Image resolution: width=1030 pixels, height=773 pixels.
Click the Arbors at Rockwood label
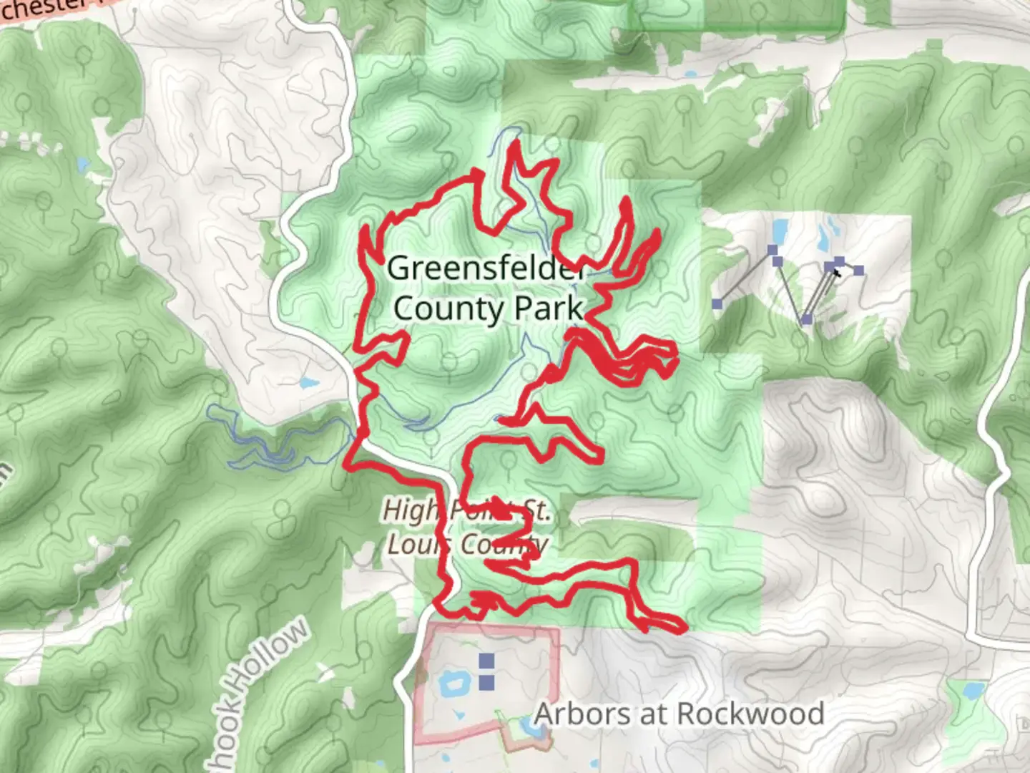coord(678,714)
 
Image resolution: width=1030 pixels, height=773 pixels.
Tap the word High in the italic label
coord(408,511)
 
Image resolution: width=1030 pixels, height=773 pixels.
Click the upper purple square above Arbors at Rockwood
coord(486,660)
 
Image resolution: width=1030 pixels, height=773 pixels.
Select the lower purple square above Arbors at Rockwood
coord(486,682)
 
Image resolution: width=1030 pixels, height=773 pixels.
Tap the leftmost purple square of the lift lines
coord(717,304)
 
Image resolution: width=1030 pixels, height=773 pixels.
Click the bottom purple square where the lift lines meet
coord(807,319)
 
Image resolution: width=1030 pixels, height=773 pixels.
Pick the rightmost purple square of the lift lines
coord(858,271)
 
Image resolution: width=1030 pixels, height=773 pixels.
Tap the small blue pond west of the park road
coord(309,383)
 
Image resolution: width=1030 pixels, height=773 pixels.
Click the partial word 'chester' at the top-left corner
coord(43,9)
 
